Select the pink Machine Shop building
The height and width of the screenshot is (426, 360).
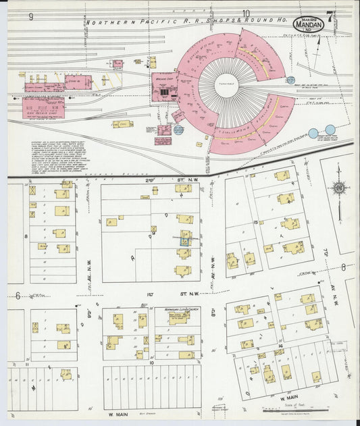pos(163,87)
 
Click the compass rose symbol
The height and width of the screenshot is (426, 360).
pos(339,188)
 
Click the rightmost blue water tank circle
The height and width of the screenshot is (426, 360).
pos(330,130)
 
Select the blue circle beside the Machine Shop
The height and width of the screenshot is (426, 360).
pos(178,130)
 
